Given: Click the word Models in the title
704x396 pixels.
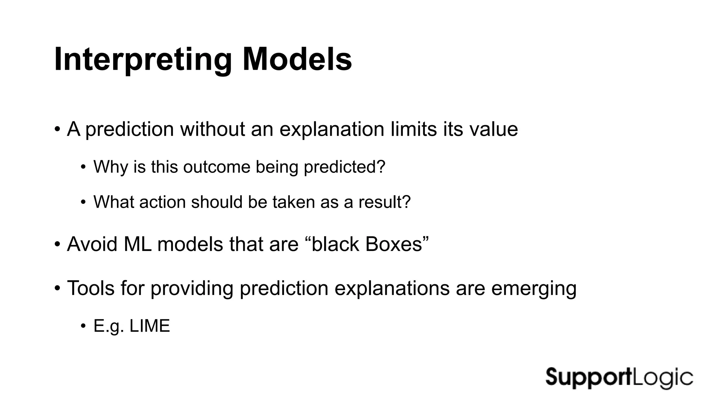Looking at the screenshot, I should click(x=297, y=59).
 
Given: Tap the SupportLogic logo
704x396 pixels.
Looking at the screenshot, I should click(x=619, y=377).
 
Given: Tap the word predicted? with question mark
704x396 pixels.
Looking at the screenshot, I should click(x=344, y=167).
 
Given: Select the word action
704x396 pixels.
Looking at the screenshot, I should click(x=162, y=202).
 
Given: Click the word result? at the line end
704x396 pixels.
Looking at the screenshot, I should click(x=384, y=202).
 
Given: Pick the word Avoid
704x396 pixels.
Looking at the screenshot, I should click(x=92, y=244).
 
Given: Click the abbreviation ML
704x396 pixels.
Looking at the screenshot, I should click(x=137, y=244).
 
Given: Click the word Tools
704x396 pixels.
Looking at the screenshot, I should click(x=91, y=288).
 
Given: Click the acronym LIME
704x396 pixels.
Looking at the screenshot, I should click(x=150, y=326).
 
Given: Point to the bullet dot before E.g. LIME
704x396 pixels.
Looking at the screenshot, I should click(x=83, y=326).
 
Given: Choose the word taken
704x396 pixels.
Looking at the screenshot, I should click(x=294, y=202).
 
